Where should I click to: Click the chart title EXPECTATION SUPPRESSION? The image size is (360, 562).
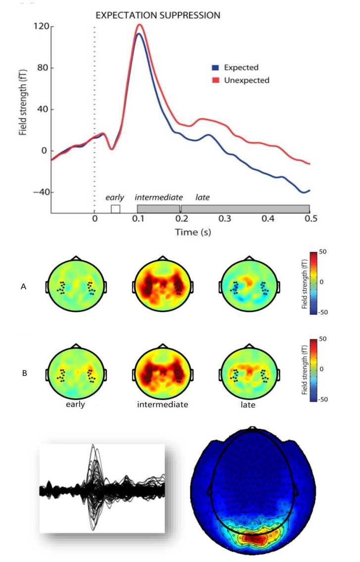coord(157,15)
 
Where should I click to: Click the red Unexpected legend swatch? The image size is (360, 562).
coord(215,80)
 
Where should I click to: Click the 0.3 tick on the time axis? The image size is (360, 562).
coord(225,218)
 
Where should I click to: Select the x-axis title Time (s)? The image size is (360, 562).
coord(192,232)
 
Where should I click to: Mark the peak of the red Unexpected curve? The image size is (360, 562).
coord(140,24)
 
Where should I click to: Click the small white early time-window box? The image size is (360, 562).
coord(115,209)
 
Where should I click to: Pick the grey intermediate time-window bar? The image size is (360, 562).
coord(158,209)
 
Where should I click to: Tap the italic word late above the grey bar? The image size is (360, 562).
coord(203,198)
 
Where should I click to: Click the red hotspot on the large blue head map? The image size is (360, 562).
coord(255,537)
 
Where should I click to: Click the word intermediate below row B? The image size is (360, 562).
coord(162,405)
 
